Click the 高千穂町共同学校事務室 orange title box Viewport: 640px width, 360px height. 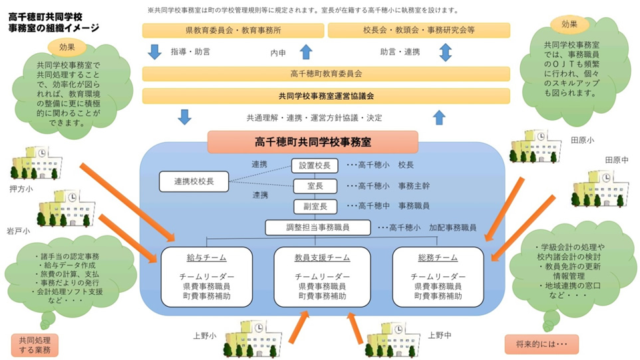click(313, 142)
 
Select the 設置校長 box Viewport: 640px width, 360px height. click(315, 165)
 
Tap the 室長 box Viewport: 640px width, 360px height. click(315, 186)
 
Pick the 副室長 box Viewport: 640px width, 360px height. click(315, 206)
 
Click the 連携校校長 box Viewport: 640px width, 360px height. click(194, 180)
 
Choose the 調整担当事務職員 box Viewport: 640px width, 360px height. click(317, 228)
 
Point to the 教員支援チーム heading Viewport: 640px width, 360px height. click(322, 258)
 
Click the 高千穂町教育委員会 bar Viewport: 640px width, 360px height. click(326, 74)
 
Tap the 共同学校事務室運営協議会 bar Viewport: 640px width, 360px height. click(326, 96)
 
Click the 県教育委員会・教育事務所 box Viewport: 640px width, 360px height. click(233, 31)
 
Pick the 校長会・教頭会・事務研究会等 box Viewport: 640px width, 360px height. click(419, 31)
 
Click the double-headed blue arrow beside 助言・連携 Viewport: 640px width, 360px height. click(445, 51)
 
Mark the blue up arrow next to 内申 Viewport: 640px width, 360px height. click(305, 51)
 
